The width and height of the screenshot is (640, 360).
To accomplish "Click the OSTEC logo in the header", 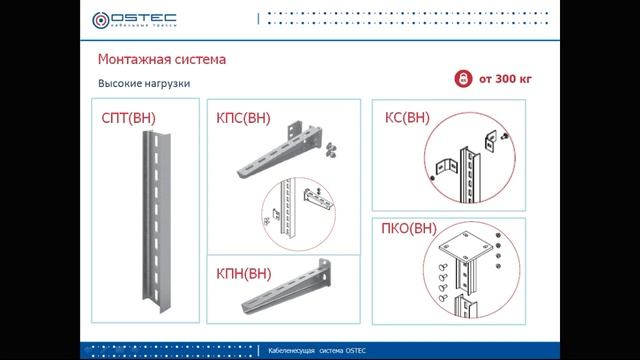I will pos(134,19).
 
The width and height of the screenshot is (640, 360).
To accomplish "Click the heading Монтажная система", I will pos(161,60).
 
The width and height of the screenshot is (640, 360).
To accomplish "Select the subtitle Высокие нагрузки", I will pos(143,84).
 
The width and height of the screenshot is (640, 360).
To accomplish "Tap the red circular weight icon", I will pos(461,78).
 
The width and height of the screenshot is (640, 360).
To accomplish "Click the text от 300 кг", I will pos(504,78).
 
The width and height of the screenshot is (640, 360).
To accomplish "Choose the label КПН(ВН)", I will pos(243,272).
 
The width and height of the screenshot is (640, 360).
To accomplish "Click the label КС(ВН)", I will pos(407,117).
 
